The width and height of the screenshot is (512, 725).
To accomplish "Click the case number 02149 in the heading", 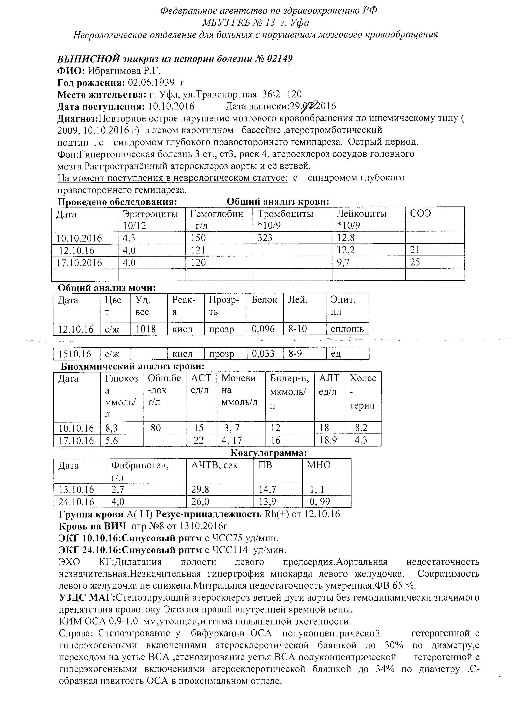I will point(280,59).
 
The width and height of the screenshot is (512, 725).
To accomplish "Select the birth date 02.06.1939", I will point(151,83).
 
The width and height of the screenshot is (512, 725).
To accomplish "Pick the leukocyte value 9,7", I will point(343,262).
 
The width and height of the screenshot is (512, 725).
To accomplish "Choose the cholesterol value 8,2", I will point(361,428).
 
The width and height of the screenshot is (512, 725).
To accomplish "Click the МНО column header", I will point(319,465).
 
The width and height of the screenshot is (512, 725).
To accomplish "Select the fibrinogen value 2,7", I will point(118,490).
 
